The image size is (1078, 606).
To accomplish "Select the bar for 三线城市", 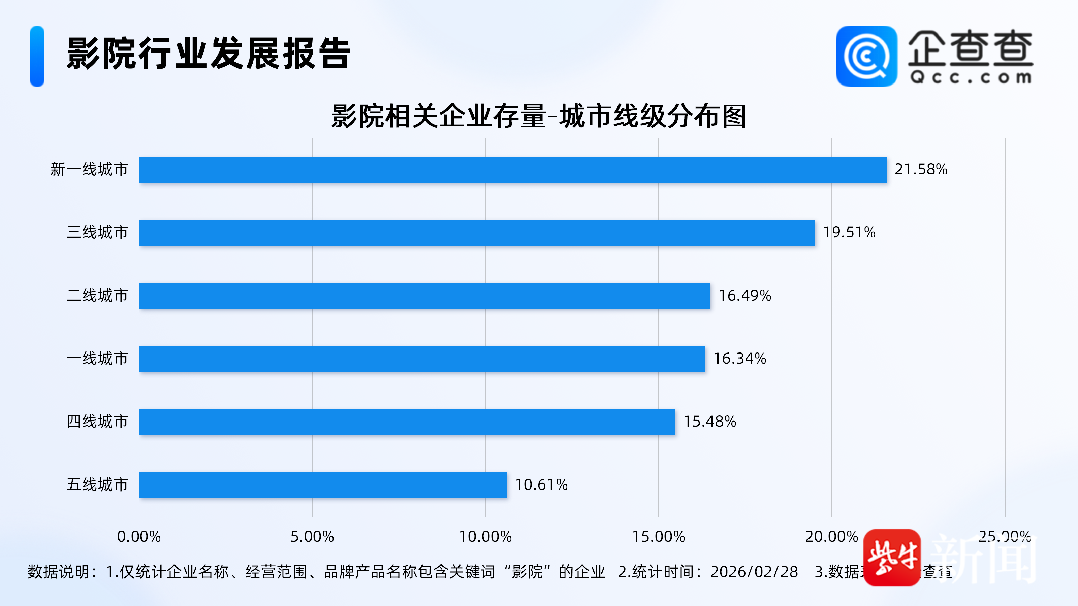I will [x=477, y=233].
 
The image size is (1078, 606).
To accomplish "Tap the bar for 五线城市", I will [x=323, y=485].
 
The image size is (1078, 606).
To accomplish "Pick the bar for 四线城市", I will [x=407, y=422].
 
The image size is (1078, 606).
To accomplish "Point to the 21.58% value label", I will [x=921, y=169].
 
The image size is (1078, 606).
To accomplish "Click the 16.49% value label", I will [x=744, y=296].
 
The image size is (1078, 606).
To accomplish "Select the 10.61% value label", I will [x=541, y=485].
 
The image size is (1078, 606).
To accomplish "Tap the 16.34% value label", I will [x=739, y=359].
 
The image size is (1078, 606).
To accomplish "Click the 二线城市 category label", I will [x=97, y=296].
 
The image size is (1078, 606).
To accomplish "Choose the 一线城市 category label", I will [x=97, y=359].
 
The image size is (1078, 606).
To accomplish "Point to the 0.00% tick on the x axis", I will [x=139, y=537].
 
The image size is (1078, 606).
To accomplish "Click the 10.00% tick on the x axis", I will [x=485, y=537].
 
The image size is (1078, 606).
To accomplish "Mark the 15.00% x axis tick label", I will [x=658, y=537].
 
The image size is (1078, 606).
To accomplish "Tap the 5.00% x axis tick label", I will [x=312, y=537].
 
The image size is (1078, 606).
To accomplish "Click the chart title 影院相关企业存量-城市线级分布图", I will [x=539, y=116].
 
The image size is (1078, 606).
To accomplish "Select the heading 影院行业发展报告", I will [x=209, y=54].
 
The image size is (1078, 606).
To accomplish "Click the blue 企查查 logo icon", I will [x=866, y=57].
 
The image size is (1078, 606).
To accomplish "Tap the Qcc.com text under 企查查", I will [x=971, y=77].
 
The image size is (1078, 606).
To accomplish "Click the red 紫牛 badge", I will [x=892, y=558].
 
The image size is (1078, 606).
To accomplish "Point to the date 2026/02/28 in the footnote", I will [x=754, y=572].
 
